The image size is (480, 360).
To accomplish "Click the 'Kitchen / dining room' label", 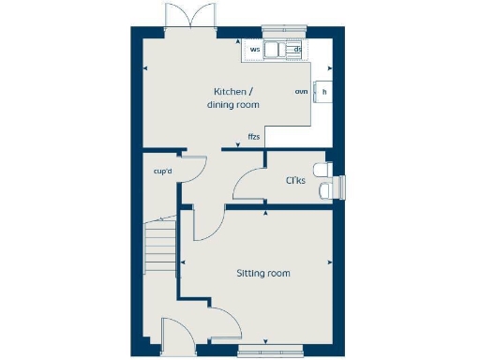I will (232, 97).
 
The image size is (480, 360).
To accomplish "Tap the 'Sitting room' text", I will (262, 274).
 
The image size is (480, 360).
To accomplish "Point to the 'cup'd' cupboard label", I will (162, 172).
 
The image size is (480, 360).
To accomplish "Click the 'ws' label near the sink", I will (254, 49).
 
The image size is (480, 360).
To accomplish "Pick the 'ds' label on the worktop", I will (296, 49).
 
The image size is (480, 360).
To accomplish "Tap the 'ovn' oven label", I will (301, 91).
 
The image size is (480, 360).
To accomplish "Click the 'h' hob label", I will (324, 91).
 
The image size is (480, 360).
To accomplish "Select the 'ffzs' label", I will (253, 138).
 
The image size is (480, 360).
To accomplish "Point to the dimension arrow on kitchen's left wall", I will (143, 67).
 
